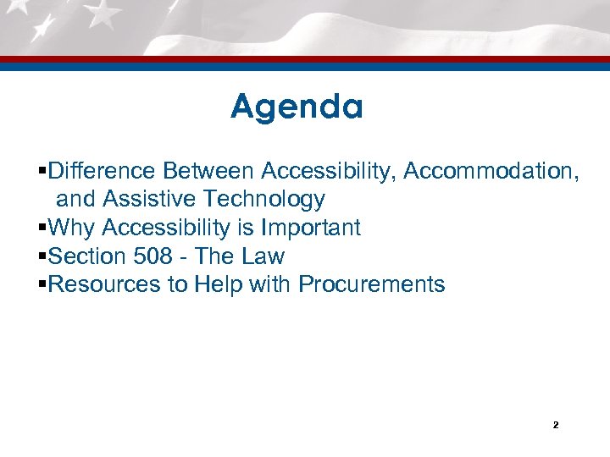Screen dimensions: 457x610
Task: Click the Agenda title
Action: coord(297,107)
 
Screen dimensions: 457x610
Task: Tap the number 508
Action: coord(153,256)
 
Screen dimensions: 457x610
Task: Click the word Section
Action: coord(86,256)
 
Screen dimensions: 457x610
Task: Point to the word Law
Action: coord(263,256)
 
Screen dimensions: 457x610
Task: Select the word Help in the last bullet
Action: coord(219,284)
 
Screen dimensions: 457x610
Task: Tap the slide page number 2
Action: coord(555,425)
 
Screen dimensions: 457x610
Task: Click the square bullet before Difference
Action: coord(43,172)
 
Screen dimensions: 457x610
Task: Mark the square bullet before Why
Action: coord(43,228)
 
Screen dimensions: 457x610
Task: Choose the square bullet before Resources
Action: coord(43,285)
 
